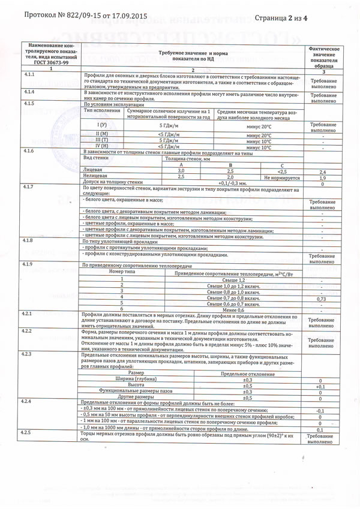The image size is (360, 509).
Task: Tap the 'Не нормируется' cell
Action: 282,177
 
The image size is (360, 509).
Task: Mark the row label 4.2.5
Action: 28,432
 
